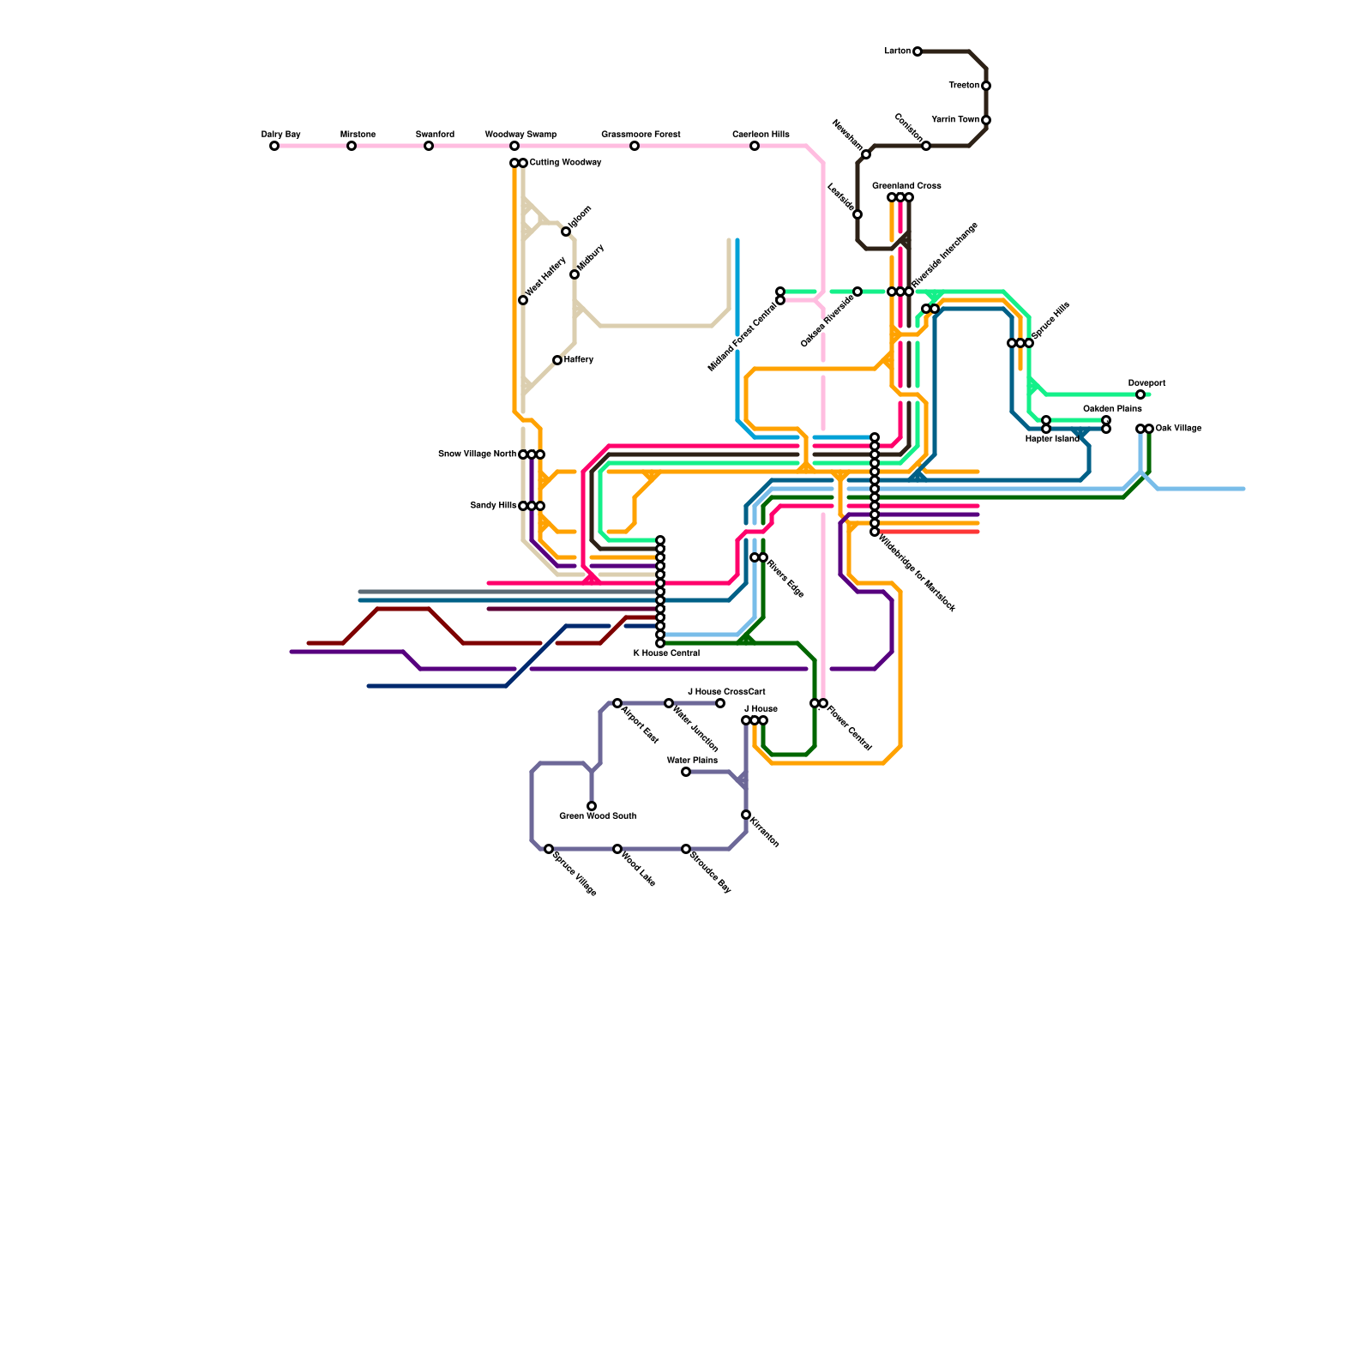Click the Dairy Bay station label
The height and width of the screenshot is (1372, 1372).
click(x=280, y=135)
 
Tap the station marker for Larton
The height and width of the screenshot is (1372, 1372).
click(x=918, y=51)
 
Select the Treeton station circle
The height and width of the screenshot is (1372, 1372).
click(x=986, y=86)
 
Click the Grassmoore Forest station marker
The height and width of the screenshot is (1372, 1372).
click(x=635, y=146)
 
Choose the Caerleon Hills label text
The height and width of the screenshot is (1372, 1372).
click(x=761, y=135)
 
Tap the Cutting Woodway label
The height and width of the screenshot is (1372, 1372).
click(x=565, y=163)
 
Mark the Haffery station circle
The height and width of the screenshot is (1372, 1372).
click(x=557, y=360)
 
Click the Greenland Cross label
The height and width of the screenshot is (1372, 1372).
click(x=906, y=186)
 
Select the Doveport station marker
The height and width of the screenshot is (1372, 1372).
click(x=1140, y=394)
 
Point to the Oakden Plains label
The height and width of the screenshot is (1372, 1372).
click(x=1112, y=409)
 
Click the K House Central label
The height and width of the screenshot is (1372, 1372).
click(x=666, y=653)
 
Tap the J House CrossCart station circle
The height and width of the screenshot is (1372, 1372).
click(x=720, y=703)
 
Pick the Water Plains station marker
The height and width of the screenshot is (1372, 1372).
click(x=686, y=772)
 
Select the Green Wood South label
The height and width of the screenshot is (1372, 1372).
click(x=598, y=816)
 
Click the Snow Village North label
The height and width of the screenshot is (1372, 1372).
click(x=477, y=454)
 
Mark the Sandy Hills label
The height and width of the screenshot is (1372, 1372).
click(x=493, y=506)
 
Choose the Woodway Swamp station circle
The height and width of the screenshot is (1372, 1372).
click(x=514, y=146)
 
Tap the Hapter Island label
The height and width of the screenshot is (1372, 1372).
click(x=1052, y=439)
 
